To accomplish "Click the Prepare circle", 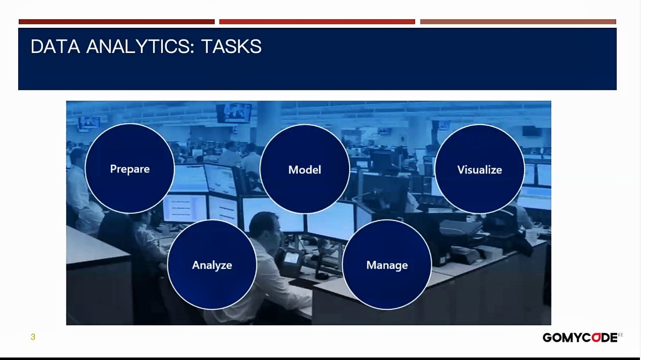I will pyautogui.click(x=130, y=169).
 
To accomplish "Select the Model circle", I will pyautogui.click(x=304, y=169).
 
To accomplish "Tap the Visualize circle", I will pyautogui.click(x=479, y=169).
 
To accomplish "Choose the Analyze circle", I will pyautogui.click(x=212, y=265).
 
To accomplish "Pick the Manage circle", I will pyautogui.click(x=387, y=265).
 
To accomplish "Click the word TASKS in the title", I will pyautogui.click(x=231, y=47).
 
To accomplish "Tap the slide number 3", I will pyautogui.click(x=33, y=337).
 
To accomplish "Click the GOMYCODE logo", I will pyautogui.click(x=580, y=338).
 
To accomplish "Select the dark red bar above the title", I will pyautogui.click(x=116, y=22).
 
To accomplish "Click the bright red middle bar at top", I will pyautogui.click(x=317, y=22).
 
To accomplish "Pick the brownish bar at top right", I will pyautogui.click(x=518, y=22).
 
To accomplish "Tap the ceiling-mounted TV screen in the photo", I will pyautogui.click(x=234, y=112).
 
